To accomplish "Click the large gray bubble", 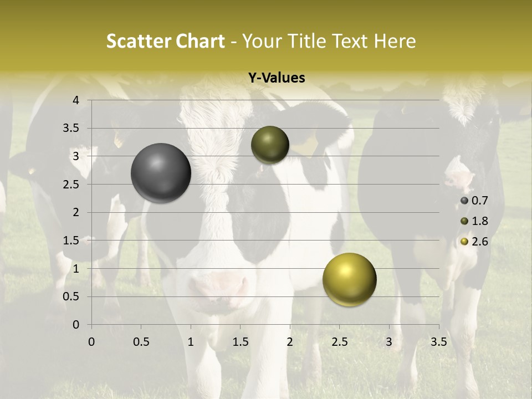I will click(x=161, y=173).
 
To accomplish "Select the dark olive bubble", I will click(x=270, y=145).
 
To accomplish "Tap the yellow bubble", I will click(x=349, y=280).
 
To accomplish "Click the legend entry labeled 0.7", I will click(x=474, y=201).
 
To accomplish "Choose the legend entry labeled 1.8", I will click(x=474, y=221).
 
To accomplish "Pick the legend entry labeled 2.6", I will click(x=474, y=241).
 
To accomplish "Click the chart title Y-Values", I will click(x=276, y=78).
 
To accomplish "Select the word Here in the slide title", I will click(x=395, y=41).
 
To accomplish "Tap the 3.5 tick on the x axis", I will click(x=438, y=342).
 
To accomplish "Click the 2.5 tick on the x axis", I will click(x=339, y=342).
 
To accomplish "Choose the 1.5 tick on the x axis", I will click(x=240, y=342).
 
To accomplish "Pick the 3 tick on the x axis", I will click(x=389, y=342).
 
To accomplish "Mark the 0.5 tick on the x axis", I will click(x=141, y=342).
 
